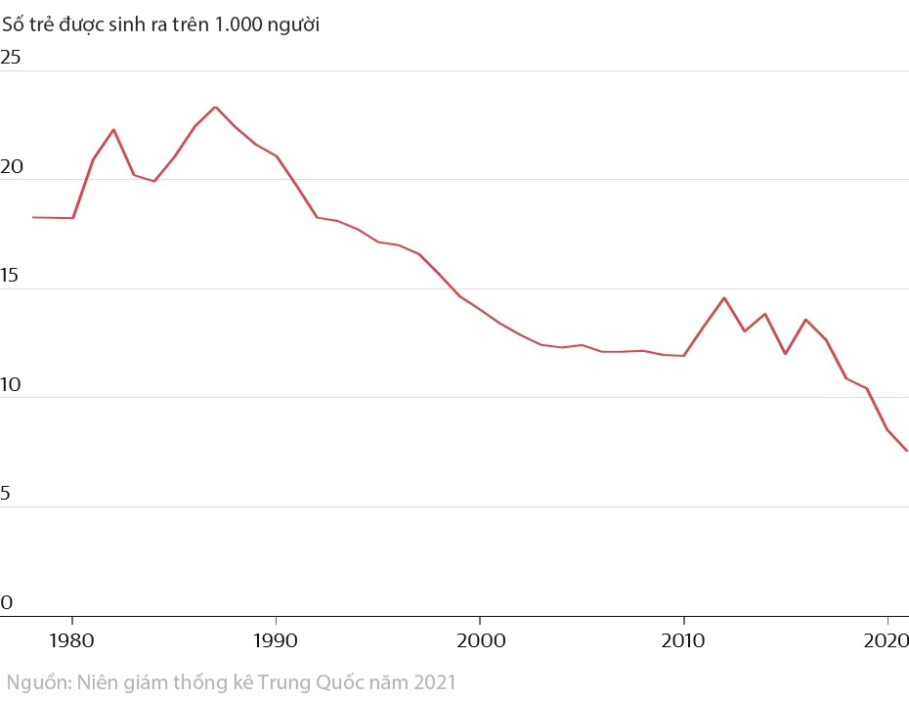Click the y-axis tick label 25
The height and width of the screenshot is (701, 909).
click(x=11, y=58)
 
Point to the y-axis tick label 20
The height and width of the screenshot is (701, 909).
click(x=11, y=167)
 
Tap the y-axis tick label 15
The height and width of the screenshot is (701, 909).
click(x=11, y=277)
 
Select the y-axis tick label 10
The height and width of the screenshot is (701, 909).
click(x=11, y=385)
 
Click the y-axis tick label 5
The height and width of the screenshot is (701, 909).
click(x=6, y=495)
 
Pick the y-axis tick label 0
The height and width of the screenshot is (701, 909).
click(x=6, y=603)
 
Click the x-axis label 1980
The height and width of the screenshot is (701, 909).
click(x=72, y=640)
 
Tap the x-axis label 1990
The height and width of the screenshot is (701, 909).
click(x=277, y=640)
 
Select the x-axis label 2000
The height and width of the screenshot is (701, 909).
click(x=480, y=640)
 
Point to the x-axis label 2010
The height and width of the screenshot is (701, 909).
click(x=684, y=640)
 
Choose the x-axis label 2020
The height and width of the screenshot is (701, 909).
click(x=887, y=640)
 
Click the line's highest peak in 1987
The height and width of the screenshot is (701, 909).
click(x=215, y=108)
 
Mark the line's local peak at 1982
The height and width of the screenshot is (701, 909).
click(x=113, y=129)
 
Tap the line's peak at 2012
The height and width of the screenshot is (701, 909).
click(x=724, y=297)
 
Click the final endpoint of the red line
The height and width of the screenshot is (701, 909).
click(x=907, y=451)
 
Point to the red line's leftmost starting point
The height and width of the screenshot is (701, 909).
click(x=33, y=217)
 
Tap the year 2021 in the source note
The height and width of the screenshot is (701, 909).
click(x=433, y=681)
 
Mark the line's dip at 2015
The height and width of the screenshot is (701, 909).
click(x=785, y=354)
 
